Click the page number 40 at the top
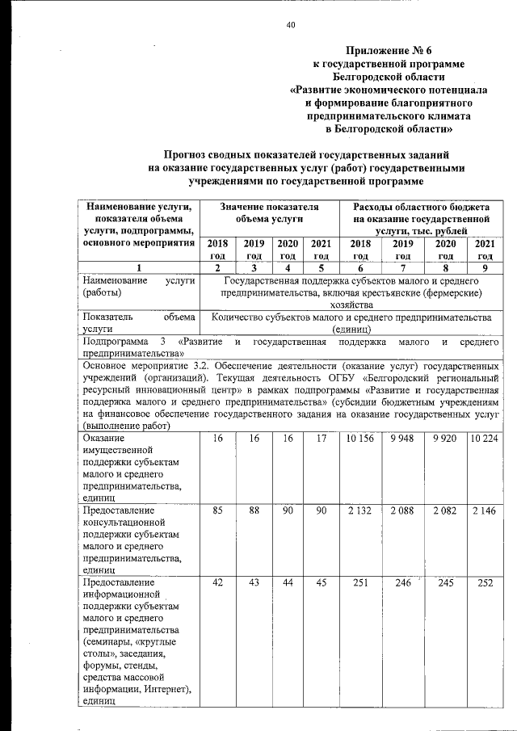pos(291,25)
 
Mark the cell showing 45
pos(322,582)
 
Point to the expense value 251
pos(359,582)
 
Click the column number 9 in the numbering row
pos(485,267)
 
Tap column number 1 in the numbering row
pos(138,267)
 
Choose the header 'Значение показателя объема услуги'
pos(270,213)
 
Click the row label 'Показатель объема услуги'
pos(138,322)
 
